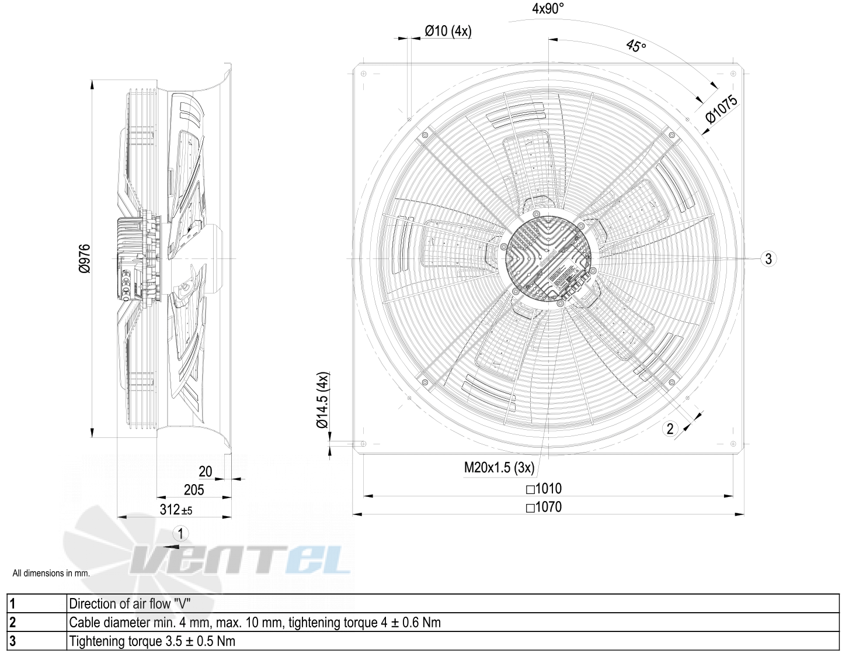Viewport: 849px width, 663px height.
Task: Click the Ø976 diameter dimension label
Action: [85, 258]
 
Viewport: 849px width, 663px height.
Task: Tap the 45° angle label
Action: [636, 46]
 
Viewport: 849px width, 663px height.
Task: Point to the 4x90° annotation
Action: [548, 9]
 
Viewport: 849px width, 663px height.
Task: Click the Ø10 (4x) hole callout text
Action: [448, 31]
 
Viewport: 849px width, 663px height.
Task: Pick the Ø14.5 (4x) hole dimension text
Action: [323, 400]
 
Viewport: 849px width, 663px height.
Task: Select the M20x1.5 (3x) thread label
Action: [499, 467]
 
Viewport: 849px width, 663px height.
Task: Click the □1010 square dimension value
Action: [544, 489]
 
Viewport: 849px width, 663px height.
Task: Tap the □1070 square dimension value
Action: [544, 507]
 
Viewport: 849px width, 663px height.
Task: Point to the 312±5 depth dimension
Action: [176, 510]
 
